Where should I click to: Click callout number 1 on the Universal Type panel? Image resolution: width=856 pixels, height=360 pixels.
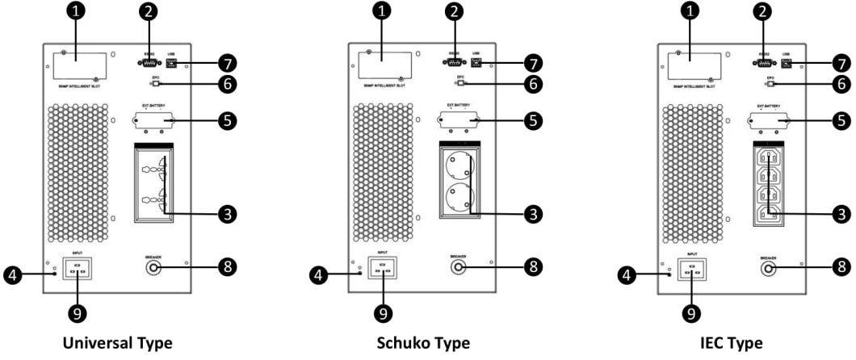point(74,13)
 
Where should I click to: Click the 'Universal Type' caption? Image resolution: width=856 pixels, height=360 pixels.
point(119,343)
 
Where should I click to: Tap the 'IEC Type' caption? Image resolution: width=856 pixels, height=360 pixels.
point(730,343)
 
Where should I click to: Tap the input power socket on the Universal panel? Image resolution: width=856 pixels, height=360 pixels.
point(78,268)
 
